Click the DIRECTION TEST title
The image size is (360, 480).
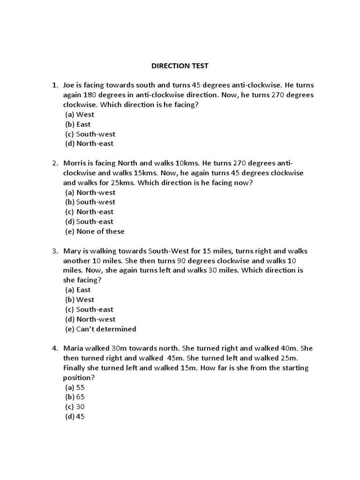[180, 66]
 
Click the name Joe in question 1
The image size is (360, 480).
[69, 85]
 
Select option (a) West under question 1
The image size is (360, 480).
[79, 114]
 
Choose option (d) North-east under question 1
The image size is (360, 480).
[89, 144]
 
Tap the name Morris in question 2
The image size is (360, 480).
[75, 163]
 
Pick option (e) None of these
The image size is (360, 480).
[95, 232]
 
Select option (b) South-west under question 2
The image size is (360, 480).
[90, 202]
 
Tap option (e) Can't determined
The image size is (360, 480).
[100, 329]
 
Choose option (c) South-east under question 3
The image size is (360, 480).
[89, 309]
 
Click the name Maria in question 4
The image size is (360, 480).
[74, 349]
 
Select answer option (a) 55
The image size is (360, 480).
[75, 388]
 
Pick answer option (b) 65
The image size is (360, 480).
[75, 397]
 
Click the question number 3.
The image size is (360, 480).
[54, 251]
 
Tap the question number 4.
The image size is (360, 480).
[54, 349]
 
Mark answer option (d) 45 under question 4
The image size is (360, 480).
[75, 417]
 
